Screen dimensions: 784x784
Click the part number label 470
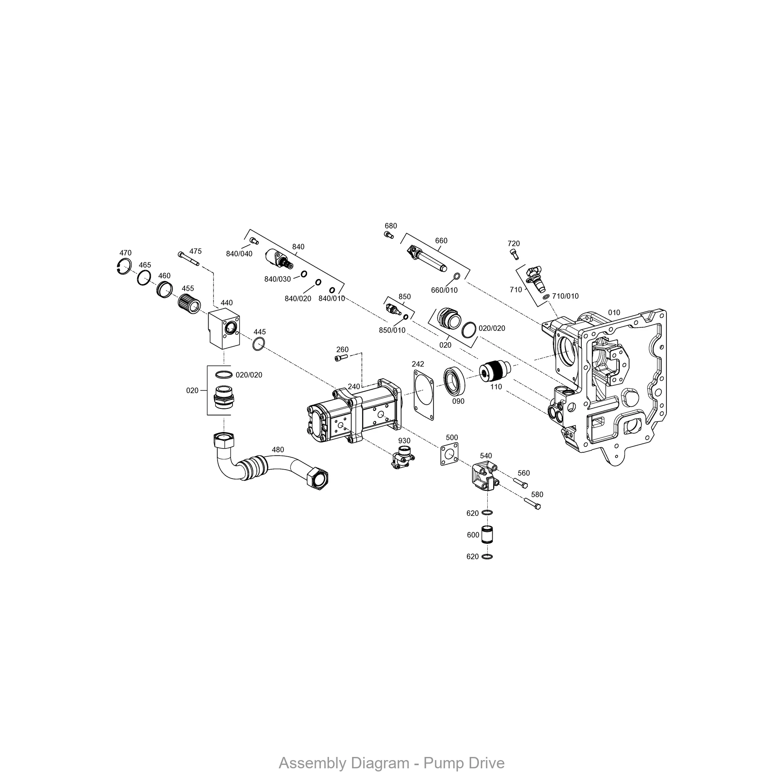[x=125, y=253]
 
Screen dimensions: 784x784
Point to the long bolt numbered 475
[x=189, y=258]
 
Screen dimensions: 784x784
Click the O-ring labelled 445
[x=258, y=344]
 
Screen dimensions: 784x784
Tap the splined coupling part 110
[x=492, y=371]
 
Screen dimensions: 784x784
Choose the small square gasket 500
[x=449, y=455]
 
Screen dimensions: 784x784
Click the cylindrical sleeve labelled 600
[x=487, y=535]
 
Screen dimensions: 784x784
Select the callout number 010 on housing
[x=614, y=312]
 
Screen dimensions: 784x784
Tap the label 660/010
[x=444, y=290]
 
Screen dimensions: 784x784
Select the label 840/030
[x=278, y=279]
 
